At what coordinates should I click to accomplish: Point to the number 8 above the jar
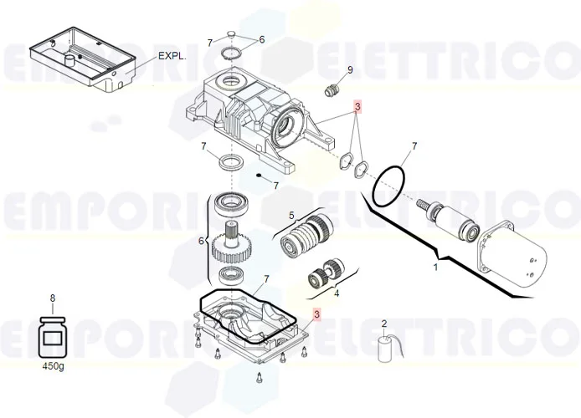[53, 298]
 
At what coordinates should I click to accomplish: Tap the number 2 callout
[384, 323]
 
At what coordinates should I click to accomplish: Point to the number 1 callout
[434, 268]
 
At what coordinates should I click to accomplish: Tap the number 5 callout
[292, 215]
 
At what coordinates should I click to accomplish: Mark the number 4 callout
[337, 293]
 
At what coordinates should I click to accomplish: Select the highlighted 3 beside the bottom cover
[316, 314]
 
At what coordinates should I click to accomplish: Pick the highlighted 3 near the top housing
[357, 107]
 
